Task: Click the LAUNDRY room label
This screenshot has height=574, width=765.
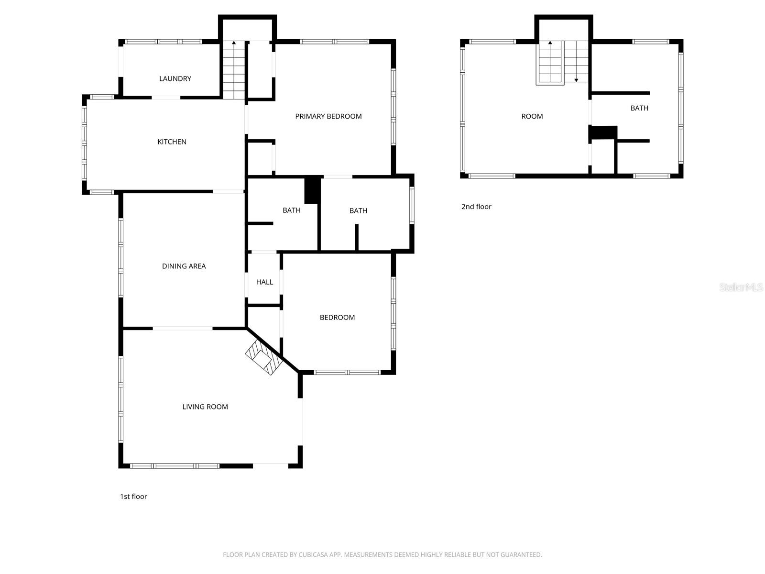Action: tap(175, 78)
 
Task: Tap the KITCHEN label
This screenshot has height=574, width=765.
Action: tap(172, 142)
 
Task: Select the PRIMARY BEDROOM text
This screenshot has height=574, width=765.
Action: tap(328, 116)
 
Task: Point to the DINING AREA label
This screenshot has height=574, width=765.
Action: tap(184, 266)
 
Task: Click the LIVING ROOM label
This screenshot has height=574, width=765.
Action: tap(205, 407)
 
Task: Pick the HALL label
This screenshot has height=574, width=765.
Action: tap(264, 282)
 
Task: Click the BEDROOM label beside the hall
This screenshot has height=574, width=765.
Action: tap(337, 317)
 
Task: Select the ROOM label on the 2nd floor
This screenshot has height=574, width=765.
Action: tap(532, 116)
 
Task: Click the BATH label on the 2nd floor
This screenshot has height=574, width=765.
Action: tap(639, 108)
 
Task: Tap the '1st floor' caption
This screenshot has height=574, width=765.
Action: tap(133, 497)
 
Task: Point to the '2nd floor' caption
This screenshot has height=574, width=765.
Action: tap(476, 207)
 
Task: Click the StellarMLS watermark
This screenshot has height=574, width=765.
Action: tap(741, 287)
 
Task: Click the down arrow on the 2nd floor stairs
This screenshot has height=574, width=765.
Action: tap(576, 79)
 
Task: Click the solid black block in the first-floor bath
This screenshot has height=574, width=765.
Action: tap(312, 190)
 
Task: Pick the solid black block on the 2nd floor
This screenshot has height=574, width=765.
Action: tap(603, 132)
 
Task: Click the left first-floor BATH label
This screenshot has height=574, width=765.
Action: tap(291, 210)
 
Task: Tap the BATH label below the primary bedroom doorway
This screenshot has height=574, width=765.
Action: tap(358, 210)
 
